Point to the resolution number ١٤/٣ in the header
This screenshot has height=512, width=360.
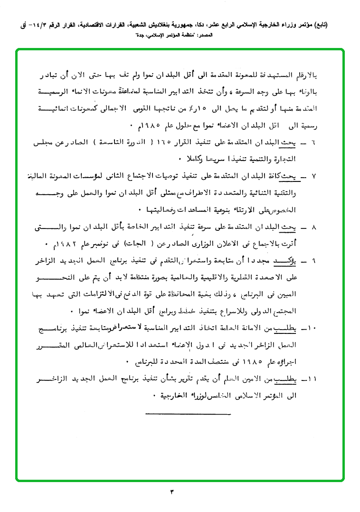(x=36, y=25)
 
